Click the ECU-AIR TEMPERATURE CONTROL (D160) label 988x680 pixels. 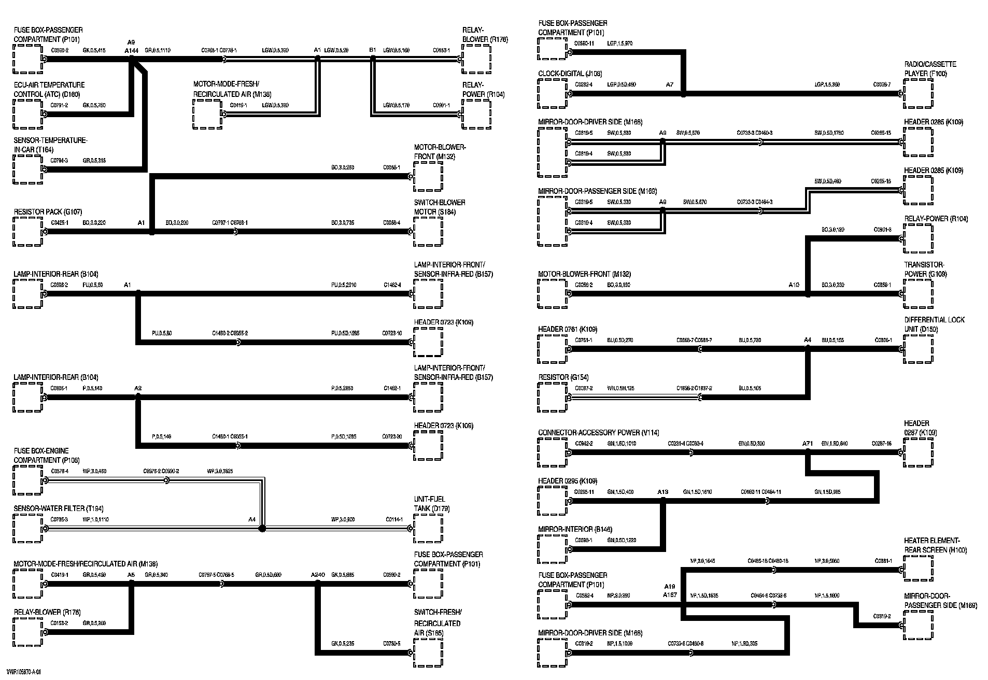pos(49,89)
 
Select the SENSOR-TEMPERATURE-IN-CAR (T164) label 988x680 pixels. pos(51,145)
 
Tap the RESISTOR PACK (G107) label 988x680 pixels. pos(48,212)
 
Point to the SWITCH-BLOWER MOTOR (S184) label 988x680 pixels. pos(440,207)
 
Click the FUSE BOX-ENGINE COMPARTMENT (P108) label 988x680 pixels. pos(41,456)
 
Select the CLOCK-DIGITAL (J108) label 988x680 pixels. pos(570,74)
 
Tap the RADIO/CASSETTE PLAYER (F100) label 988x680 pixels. pos(930,69)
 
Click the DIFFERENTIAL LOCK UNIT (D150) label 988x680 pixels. pos(934,324)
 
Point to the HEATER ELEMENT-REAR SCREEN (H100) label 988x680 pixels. pos(935,545)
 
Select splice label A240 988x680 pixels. pos(318,575)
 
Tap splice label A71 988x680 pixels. pos(808,444)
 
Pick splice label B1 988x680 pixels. pos(372,50)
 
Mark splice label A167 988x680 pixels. pos(670,595)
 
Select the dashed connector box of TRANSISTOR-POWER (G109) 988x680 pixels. pos(919,294)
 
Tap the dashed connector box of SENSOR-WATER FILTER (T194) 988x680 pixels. pos(28,529)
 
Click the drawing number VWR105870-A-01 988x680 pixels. pos(23,672)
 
